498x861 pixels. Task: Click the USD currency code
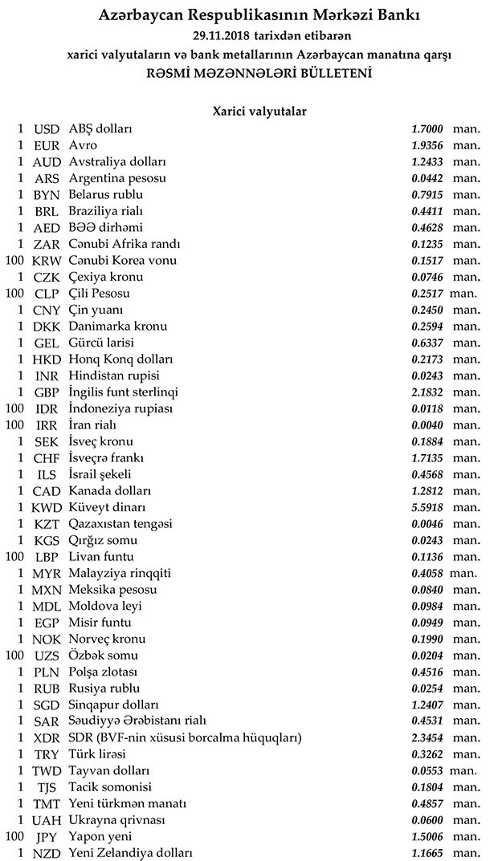pos(47,128)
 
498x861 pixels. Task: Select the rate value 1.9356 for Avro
pos(426,145)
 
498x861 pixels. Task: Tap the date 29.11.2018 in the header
pos(222,36)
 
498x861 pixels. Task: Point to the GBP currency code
pos(47,392)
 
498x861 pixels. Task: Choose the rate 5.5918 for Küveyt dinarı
pos(426,507)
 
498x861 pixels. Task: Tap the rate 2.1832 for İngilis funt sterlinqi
pos(426,392)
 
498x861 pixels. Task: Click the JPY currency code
pos(47,837)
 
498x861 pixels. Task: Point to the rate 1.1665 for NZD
pos(426,853)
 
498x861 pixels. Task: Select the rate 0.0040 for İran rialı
pos(426,425)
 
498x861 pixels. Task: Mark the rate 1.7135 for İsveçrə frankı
pos(426,458)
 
